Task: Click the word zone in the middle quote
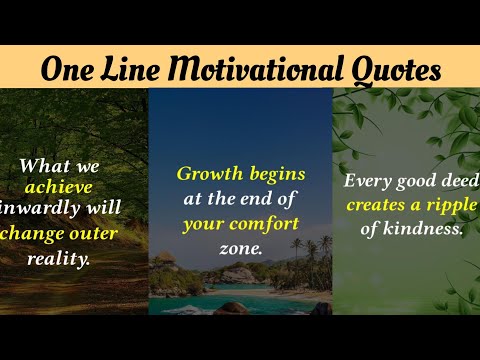pos(239,247)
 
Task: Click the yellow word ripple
pos(454,205)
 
